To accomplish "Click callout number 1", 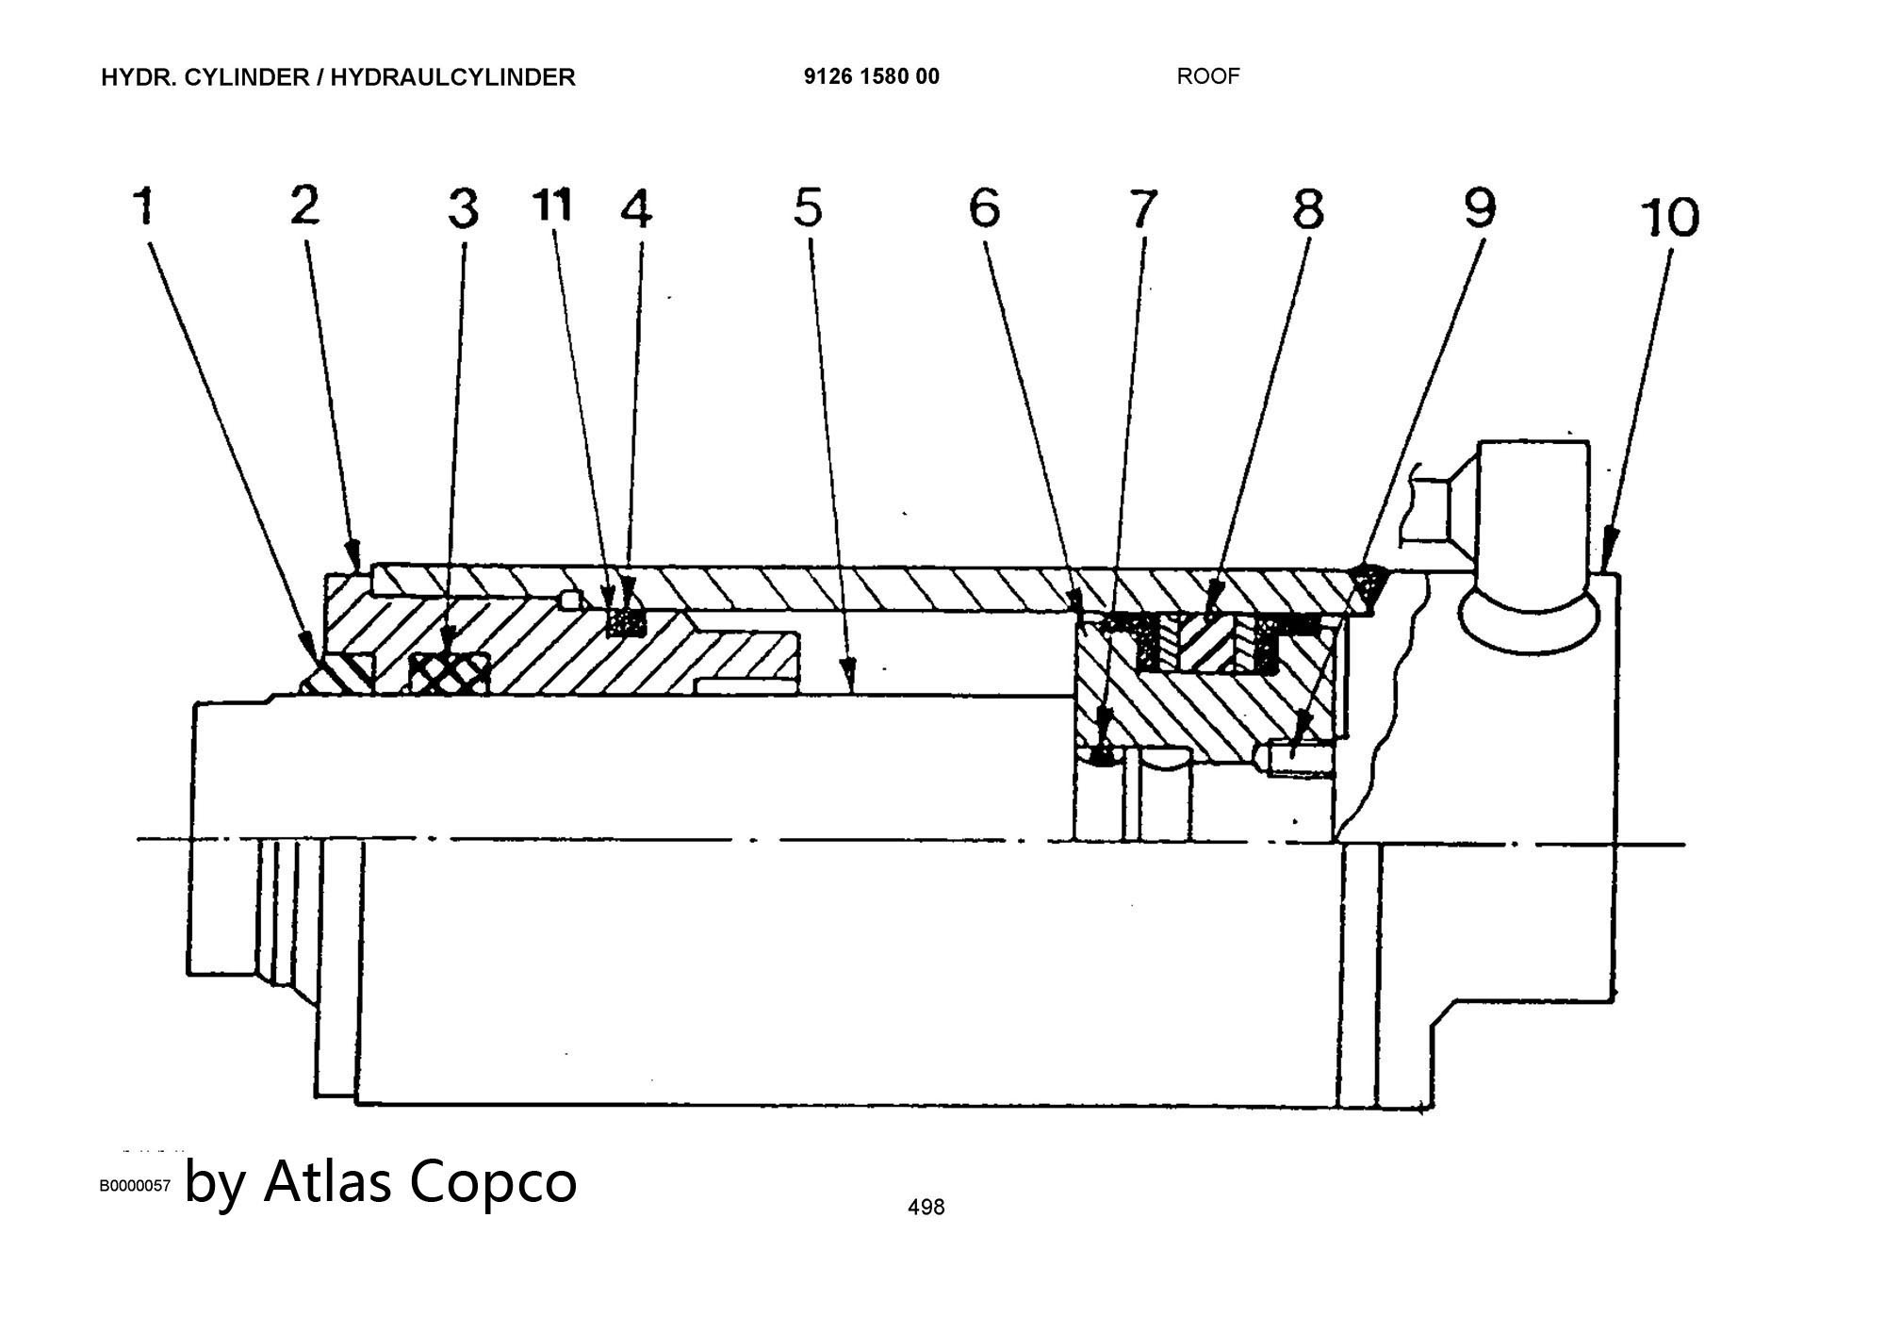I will click(x=143, y=206).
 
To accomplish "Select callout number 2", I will click(x=304, y=205).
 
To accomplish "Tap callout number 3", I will click(x=463, y=208).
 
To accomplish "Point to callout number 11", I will click(x=552, y=205).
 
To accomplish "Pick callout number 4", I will click(x=636, y=208).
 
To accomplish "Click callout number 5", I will click(x=808, y=207).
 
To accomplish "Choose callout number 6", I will click(x=984, y=207).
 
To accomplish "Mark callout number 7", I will click(x=1142, y=208).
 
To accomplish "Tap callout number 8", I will click(x=1307, y=208).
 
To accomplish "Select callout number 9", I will click(x=1480, y=207).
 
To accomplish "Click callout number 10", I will click(x=1669, y=217).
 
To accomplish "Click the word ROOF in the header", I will click(x=1207, y=76).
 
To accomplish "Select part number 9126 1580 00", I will click(x=871, y=76).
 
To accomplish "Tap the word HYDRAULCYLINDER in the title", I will click(x=452, y=77).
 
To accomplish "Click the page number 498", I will click(x=926, y=1207).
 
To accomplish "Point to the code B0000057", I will click(x=136, y=1186).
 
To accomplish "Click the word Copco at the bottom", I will click(x=492, y=1180).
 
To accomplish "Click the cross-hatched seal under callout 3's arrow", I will click(x=451, y=673).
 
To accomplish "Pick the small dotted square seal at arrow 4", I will click(x=626, y=622).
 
